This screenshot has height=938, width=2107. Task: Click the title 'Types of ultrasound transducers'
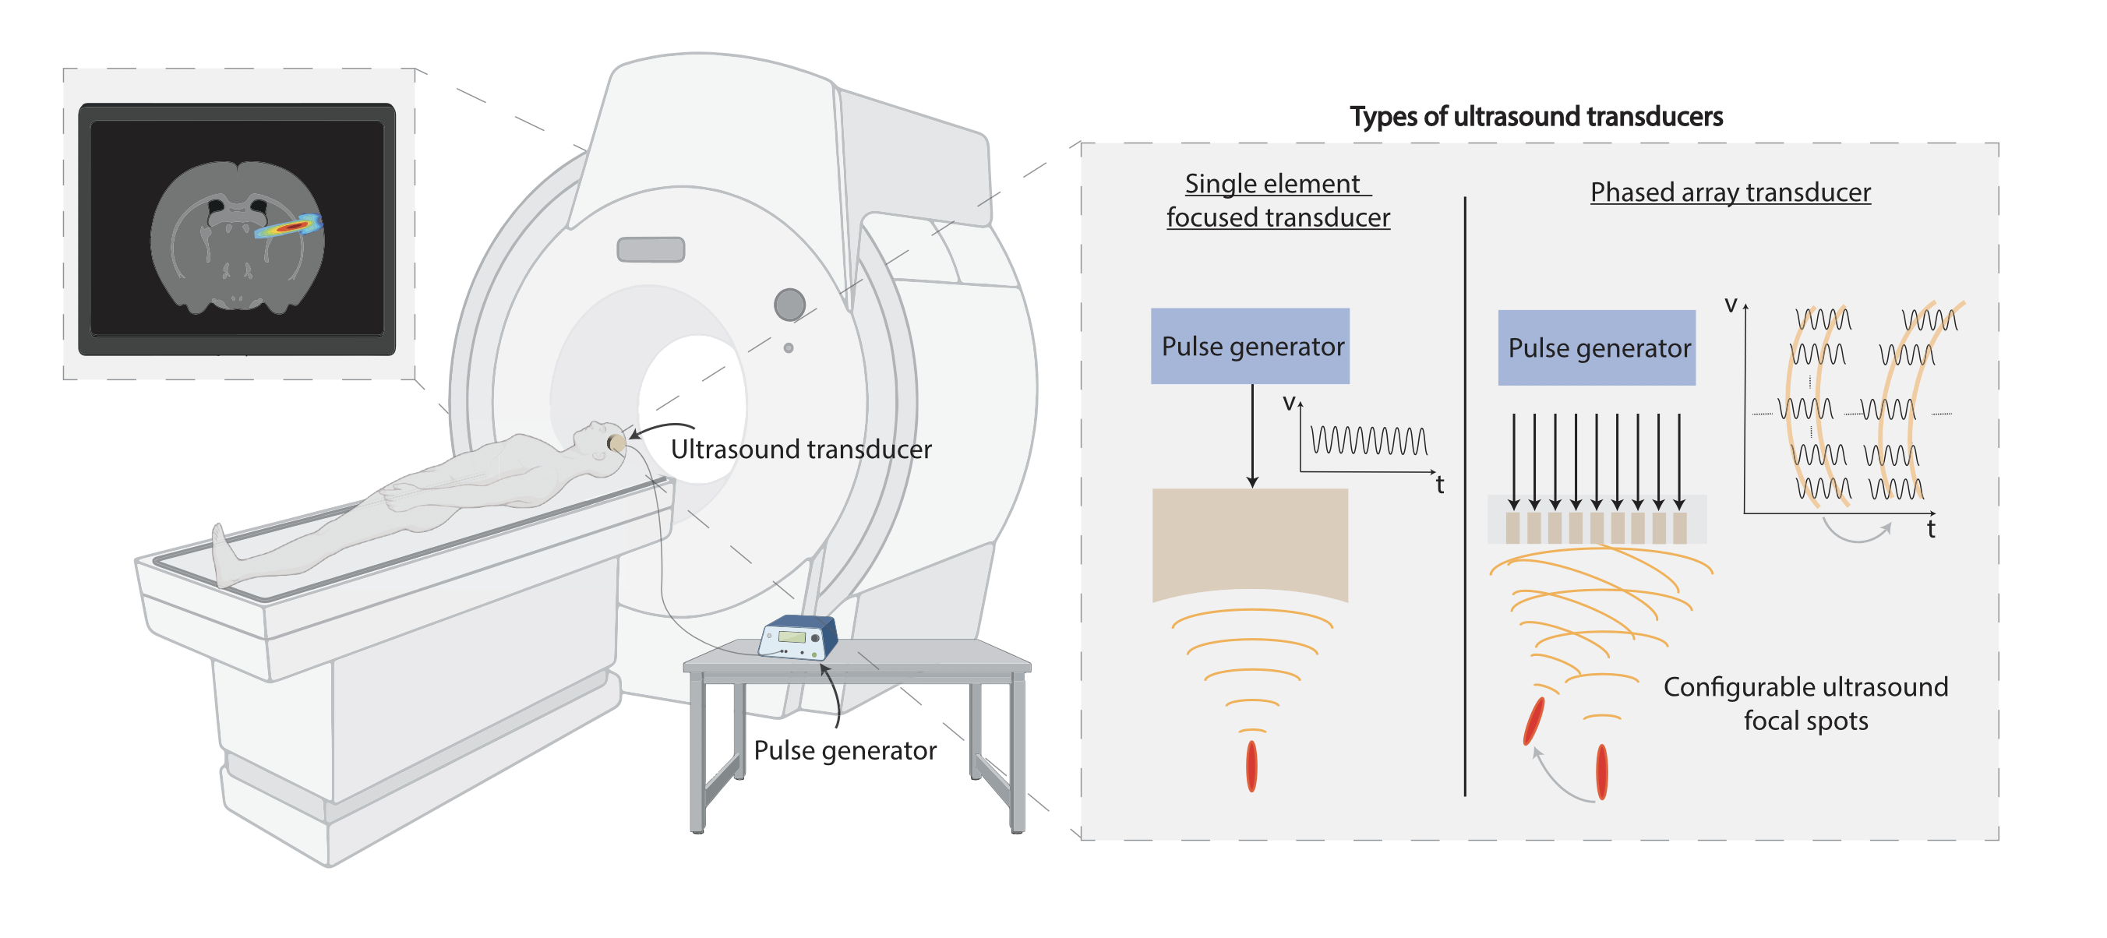1535,117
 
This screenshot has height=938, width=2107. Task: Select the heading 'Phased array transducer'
1730,192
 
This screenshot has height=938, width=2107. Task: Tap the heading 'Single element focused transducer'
1277,200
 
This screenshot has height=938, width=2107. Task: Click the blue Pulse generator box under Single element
1250,346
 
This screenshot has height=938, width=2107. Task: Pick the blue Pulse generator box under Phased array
1597,347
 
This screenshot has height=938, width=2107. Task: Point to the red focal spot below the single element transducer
1251,767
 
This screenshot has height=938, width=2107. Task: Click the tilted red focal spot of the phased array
1533,721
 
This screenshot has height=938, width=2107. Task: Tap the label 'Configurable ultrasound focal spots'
1805,703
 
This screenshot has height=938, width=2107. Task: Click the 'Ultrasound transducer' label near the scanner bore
801,449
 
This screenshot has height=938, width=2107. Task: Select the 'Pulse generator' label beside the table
845,750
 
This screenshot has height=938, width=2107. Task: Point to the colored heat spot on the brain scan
288,227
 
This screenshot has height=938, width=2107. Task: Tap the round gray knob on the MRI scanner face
789,305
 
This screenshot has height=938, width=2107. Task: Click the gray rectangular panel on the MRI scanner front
651,249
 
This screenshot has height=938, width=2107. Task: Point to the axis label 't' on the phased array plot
1931,529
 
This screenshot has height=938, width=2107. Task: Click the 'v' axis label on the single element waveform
1289,402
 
